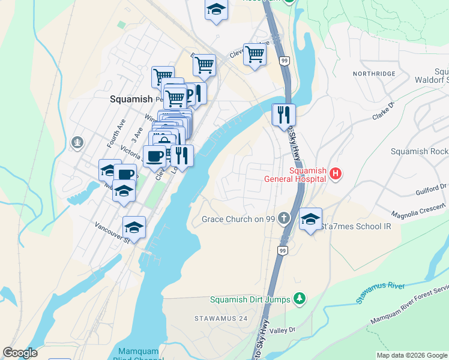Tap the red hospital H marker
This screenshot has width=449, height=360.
tap(336, 174)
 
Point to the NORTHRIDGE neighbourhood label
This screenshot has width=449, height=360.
tap(374, 73)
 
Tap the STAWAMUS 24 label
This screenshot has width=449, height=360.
tap(217, 317)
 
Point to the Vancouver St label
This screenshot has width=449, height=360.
tap(112, 232)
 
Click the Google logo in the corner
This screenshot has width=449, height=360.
tap(20, 353)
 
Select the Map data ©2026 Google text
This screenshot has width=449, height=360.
tap(411, 355)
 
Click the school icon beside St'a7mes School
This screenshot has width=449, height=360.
tap(311, 219)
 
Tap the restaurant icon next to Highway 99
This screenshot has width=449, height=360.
tap(283, 114)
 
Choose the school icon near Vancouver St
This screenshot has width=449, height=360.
tap(134, 227)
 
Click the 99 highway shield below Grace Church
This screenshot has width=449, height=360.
tap(282, 249)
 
